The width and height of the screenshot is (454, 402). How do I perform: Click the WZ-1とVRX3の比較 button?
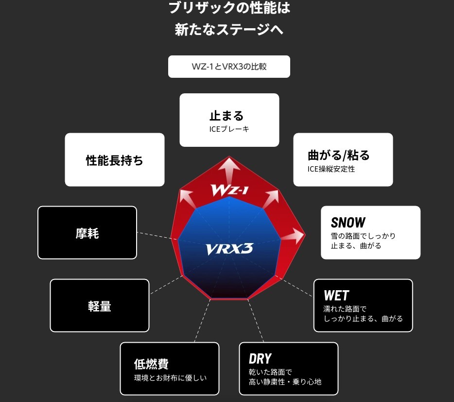pyautogui.click(x=229, y=67)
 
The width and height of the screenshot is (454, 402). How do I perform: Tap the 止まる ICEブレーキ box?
pyautogui.click(x=229, y=120)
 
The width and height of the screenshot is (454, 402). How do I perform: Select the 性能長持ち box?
pyautogui.click(x=115, y=160)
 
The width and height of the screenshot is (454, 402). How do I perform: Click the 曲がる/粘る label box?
pyautogui.click(x=343, y=160)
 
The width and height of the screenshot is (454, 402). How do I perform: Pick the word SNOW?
pyautogui.click(x=348, y=223)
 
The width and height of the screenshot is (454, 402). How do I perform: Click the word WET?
pyautogui.click(x=336, y=295)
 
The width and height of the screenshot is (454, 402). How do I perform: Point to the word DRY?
pyautogui.click(x=260, y=359)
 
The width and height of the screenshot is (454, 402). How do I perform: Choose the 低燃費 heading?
pyautogui.click(x=151, y=364)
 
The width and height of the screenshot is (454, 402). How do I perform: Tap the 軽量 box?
pyautogui.click(x=100, y=306)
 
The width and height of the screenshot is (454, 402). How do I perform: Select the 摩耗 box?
pyautogui.click(x=87, y=233)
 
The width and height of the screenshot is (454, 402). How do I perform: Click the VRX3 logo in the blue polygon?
pyautogui.click(x=229, y=249)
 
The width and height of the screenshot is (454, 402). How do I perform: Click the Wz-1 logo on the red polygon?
pyautogui.click(x=229, y=189)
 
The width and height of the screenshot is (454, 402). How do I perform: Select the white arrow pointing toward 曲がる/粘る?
pyautogui.click(x=271, y=196)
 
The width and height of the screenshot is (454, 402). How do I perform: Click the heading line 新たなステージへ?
pyautogui.click(x=229, y=29)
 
